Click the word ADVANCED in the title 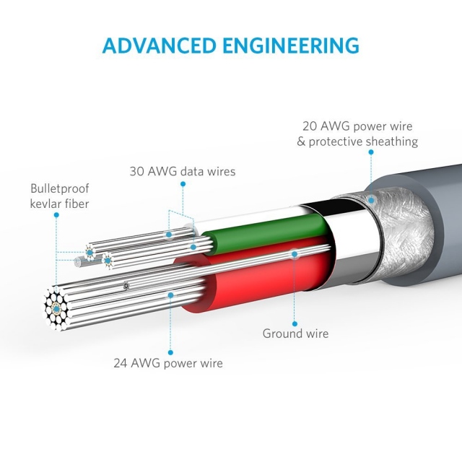tap(157, 45)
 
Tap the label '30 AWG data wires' tap(183, 172)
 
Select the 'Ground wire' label tap(295, 334)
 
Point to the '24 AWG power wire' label tap(168, 363)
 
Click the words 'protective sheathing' tap(363, 141)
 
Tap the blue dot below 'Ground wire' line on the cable tap(295, 252)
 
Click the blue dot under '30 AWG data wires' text tap(183, 185)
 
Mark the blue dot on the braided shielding tap(370, 200)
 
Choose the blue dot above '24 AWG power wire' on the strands tap(170, 294)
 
